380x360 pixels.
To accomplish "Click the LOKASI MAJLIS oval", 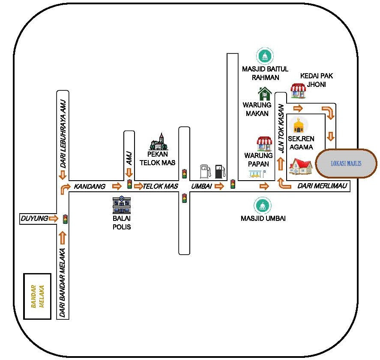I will tap(346, 164).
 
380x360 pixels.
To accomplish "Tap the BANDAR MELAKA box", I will tap(38, 296).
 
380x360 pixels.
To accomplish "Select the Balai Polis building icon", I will tap(122, 205).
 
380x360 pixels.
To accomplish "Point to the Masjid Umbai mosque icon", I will tap(262, 206).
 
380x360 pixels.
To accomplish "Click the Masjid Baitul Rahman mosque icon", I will tap(265, 56).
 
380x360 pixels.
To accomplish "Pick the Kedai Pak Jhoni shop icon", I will tap(299, 90).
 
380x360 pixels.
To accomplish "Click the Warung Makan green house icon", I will tap(265, 94).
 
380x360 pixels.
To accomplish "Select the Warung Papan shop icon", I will tap(264, 144).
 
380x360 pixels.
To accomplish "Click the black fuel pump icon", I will tap(219, 171).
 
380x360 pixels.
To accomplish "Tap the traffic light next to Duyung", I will tap(65, 219).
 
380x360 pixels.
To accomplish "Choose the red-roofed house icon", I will tap(300, 166).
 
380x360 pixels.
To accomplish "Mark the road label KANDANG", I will tap(90, 186).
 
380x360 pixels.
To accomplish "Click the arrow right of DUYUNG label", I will tap(53, 219).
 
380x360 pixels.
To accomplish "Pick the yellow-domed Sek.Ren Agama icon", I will tap(298, 125).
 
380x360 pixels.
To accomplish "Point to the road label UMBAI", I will tap(201, 186).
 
